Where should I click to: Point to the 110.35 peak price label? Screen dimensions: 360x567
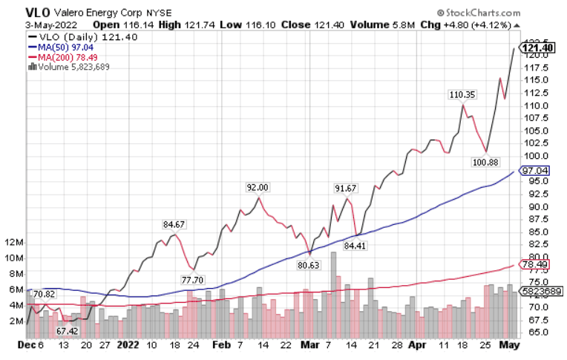[x=462, y=94]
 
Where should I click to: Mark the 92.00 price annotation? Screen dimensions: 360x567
[x=258, y=187]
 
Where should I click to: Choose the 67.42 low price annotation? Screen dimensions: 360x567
[x=68, y=331]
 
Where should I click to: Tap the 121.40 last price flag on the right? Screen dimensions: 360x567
[x=540, y=48]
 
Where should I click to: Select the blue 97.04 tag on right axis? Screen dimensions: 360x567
[x=535, y=171]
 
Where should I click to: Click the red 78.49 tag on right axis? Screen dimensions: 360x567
[x=535, y=264]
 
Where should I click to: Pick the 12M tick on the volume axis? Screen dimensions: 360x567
[x=15, y=243]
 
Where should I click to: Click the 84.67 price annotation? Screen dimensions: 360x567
[x=174, y=223]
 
